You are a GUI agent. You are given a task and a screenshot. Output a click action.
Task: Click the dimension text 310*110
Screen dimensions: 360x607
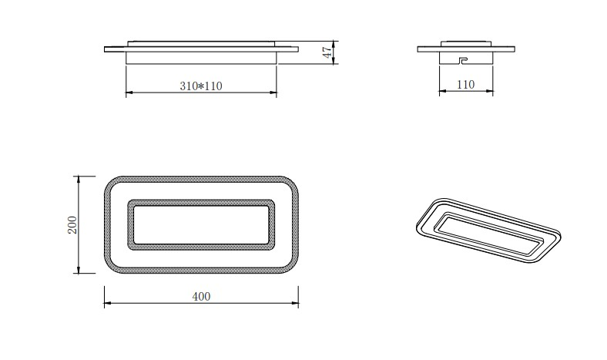click(x=200, y=86)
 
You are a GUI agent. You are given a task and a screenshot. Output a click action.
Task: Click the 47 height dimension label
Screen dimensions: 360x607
click(x=327, y=53)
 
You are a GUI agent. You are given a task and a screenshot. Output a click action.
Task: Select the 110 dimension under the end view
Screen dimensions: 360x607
click(x=465, y=85)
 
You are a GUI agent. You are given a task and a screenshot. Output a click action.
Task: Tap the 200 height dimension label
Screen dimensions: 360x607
click(x=72, y=224)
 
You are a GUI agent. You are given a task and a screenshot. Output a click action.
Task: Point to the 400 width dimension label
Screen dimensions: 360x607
click(x=200, y=296)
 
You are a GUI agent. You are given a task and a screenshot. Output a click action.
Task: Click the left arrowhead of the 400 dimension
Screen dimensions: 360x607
click(x=106, y=304)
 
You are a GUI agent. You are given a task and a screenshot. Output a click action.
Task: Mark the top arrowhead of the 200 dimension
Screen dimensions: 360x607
click(x=78, y=178)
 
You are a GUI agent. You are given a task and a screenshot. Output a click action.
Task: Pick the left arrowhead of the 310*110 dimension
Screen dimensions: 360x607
click(x=128, y=93)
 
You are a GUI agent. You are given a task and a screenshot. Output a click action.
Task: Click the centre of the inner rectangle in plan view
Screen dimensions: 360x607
click(x=200, y=224)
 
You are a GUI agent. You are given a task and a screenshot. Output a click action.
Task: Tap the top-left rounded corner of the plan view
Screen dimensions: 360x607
click(x=112, y=183)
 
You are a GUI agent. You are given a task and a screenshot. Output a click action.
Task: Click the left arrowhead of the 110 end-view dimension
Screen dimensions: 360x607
click(x=441, y=92)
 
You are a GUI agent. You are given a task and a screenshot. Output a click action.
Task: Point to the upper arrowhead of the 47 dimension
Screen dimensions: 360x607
click(x=335, y=42)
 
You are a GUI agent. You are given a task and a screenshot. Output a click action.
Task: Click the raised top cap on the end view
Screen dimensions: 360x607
click(x=465, y=43)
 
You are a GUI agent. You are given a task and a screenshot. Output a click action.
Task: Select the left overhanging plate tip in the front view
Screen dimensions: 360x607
click(x=107, y=50)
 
